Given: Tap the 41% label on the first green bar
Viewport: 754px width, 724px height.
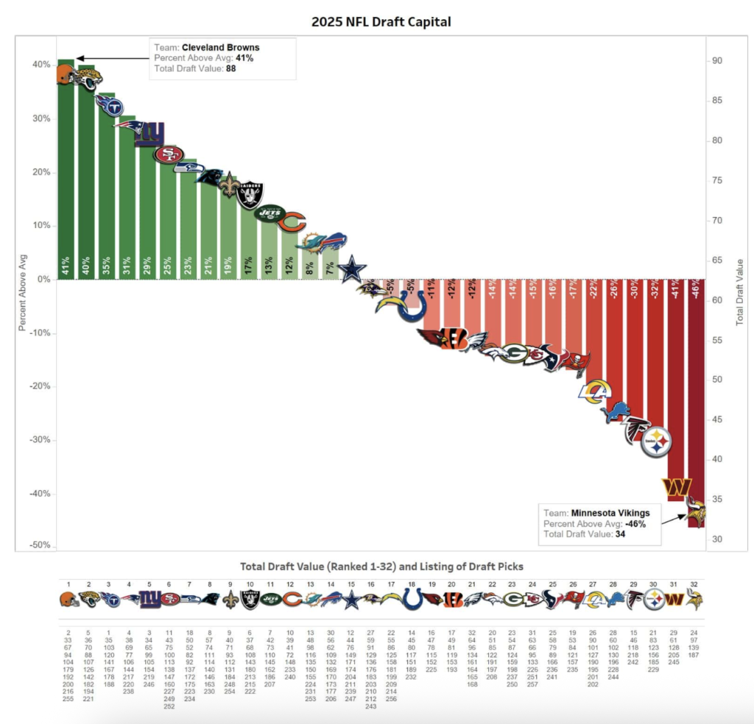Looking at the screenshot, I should (x=66, y=266).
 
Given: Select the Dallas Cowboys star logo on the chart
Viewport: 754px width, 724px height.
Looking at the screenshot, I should (x=353, y=270).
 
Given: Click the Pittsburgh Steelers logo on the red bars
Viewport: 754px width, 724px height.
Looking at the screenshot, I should (x=655, y=442).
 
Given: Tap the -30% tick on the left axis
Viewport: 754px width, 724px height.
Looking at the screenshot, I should (x=38, y=439).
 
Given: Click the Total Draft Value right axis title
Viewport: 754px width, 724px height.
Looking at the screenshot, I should (x=740, y=291).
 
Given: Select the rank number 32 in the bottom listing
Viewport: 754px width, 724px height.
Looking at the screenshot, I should (x=693, y=584).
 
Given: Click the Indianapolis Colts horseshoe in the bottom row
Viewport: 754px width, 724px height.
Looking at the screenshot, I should (x=412, y=599).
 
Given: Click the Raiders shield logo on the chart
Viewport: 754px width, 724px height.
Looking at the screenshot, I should (x=250, y=196).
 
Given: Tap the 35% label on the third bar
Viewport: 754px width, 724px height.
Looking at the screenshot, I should (x=107, y=266).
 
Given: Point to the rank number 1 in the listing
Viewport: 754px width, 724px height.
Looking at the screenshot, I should (x=68, y=584).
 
